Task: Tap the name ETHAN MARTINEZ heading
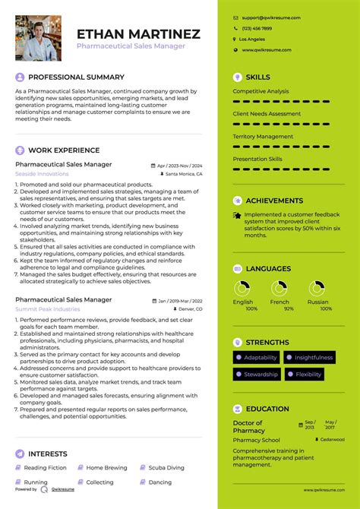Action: (138, 34)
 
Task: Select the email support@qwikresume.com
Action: (271, 17)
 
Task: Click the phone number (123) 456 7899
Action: (257, 28)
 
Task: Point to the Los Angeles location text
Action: (252, 39)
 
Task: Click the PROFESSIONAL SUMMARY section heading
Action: (76, 77)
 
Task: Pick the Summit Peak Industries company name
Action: (47, 309)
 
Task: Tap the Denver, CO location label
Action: (188, 309)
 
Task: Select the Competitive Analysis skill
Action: (261, 91)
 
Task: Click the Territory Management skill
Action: (263, 137)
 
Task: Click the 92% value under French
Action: (279, 309)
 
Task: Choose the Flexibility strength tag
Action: (308, 375)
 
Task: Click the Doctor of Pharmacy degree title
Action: (248, 427)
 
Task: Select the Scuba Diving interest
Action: (165, 468)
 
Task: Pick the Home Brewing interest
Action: (106, 468)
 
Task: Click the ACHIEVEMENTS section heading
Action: (274, 201)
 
